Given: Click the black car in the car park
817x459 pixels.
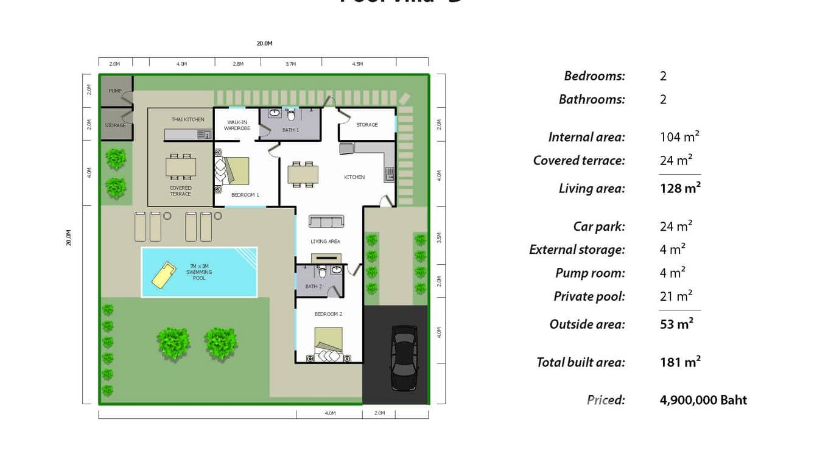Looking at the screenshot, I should (x=402, y=358).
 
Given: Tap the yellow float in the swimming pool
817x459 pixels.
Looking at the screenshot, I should (x=164, y=275).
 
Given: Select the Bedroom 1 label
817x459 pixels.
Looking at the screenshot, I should (x=245, y=195).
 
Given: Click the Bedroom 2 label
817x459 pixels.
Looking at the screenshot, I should (x=328, y=314).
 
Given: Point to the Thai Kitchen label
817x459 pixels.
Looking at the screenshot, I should (x=188, y=119).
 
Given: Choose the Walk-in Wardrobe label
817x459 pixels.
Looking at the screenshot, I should (x=237, y=125).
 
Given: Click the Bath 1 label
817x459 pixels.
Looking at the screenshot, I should (x=290, y=130).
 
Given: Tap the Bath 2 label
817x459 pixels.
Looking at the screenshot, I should (x=313, y=286).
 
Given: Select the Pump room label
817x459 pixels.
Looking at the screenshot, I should (x=114, y=91).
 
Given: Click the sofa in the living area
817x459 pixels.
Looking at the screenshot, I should (x=326, y=222).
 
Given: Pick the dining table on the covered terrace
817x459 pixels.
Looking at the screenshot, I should (x=181, y=166).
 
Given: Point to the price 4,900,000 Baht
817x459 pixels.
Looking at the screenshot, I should (x=703, y=400).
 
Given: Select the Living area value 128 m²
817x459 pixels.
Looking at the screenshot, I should (x=680, y=188).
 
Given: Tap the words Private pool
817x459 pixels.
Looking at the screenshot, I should (x=589, y=296).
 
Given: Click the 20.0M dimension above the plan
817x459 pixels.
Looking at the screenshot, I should (x=264, y=44).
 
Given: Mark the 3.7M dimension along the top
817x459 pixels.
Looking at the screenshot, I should (x=291, y=64).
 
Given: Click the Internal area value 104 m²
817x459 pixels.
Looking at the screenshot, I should (x=679, y=137).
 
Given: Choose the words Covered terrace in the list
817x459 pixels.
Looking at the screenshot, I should (x=579, y=160).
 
